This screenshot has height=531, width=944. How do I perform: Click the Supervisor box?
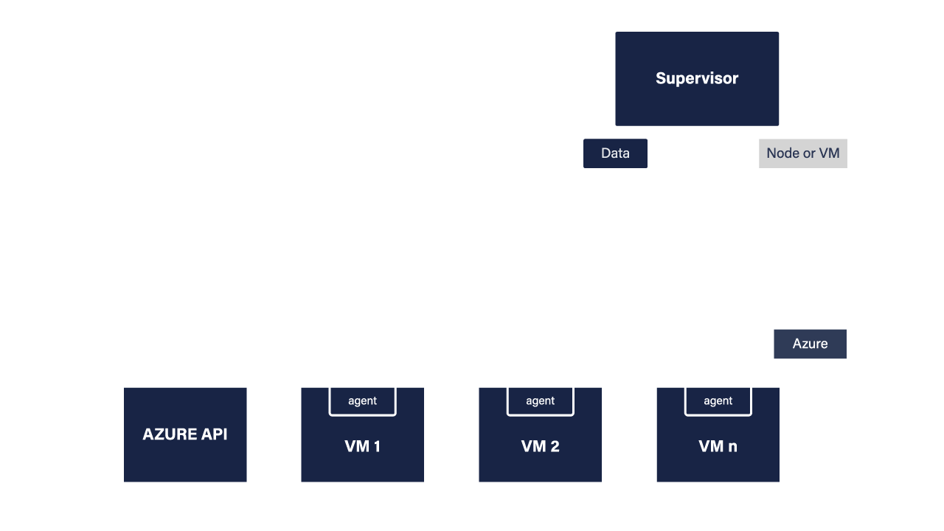(x=697, y=78)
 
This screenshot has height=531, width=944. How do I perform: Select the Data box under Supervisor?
(x=615, y=153)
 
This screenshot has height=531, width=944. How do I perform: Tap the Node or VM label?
(x=802, y=153)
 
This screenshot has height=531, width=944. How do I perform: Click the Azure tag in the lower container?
(x=810, y=344)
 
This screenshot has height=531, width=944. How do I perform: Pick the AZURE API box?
(x=185, y=434)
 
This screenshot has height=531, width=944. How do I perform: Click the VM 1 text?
(x=362, y=446)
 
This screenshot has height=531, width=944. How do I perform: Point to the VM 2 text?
(x=540, y=446)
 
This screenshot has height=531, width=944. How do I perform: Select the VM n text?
(x=718, y=446)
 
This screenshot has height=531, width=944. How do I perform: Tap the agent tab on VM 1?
(x=362, y=401)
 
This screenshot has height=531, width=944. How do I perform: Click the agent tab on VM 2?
(x=540, y=401)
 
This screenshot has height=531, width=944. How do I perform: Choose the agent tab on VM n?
(x=718, y=401)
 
